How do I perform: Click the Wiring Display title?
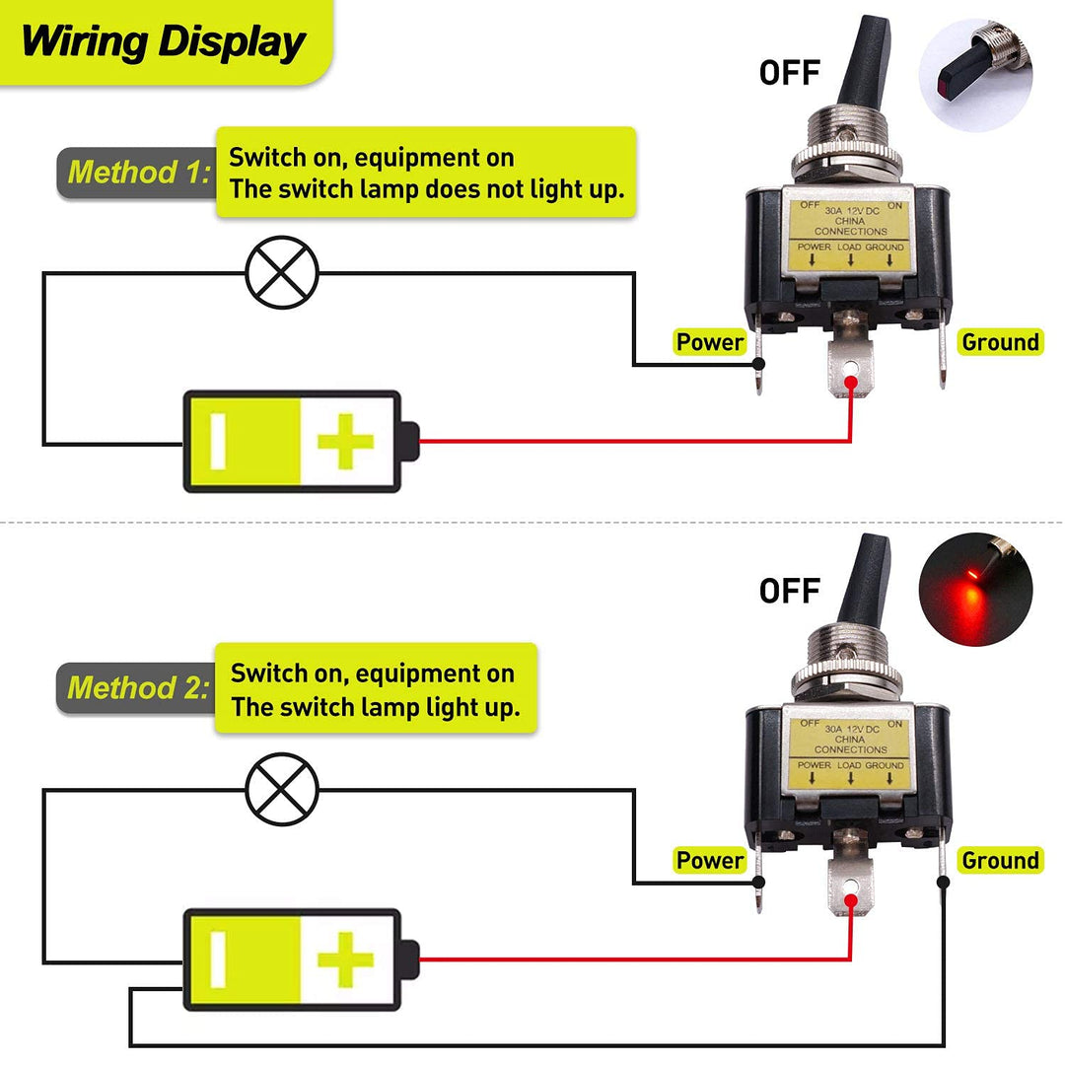(x=163, y=43)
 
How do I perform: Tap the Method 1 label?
(x=139, y=174)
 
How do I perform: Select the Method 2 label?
(x=138, y=688)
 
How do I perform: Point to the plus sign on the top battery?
(x=345, y=442)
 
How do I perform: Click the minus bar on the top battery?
(x=219, y=442)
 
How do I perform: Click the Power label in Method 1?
(x=709, y=342)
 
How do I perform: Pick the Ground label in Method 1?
(x=1000, y=342)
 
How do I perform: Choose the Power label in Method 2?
(x=709, y=860)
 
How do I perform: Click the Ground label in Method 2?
(x=1000, y=860)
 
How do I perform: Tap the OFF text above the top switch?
(x=789, y=73)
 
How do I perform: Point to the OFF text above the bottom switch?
(x=789, y=591)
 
